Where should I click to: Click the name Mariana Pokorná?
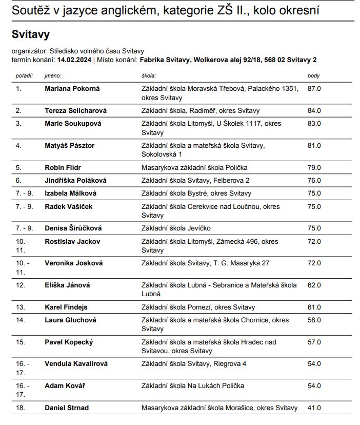[72, 89]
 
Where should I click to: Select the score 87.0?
[314, 89]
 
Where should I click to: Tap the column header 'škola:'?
[149, 76]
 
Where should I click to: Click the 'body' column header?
[313, 76]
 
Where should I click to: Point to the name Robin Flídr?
[63, 167]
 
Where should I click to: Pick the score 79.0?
[314, 167]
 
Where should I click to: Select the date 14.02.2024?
[75, 60]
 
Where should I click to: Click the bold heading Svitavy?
[30, 35]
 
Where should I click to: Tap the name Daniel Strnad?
[67, 408]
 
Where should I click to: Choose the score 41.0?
[314, 408]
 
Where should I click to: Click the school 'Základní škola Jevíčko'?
[176, 228]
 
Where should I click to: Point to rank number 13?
[20, 307]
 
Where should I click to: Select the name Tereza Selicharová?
[76, 110]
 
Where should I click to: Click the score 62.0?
[314, 285]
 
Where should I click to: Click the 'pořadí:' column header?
[24, 76]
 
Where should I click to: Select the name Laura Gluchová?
[70, 320]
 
